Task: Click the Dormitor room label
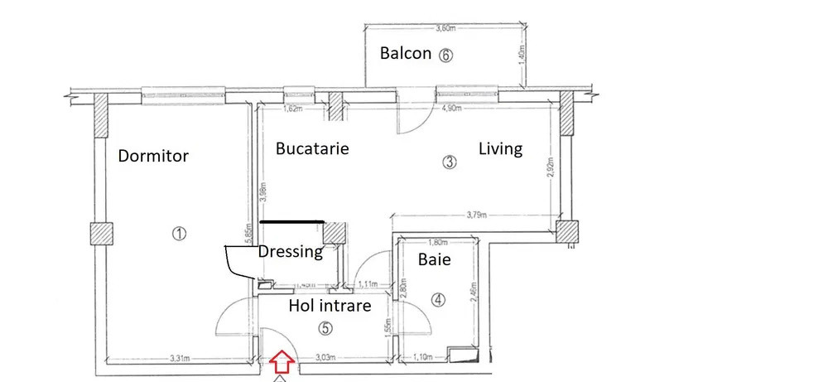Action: point(153,156)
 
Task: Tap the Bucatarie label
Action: point(312,149)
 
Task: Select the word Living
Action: point(501,149)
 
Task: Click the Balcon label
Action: point(405,54)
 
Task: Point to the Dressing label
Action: point(291,251)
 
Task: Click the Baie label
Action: point(434,259)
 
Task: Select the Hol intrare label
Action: point(330,306)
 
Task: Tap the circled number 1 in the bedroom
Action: point(178,234)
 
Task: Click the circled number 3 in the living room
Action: point(450,162)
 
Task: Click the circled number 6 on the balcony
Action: point(445,56)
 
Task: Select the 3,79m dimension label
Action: point(477,215)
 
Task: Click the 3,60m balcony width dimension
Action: point(445,27)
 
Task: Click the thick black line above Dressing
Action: point(291,221)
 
